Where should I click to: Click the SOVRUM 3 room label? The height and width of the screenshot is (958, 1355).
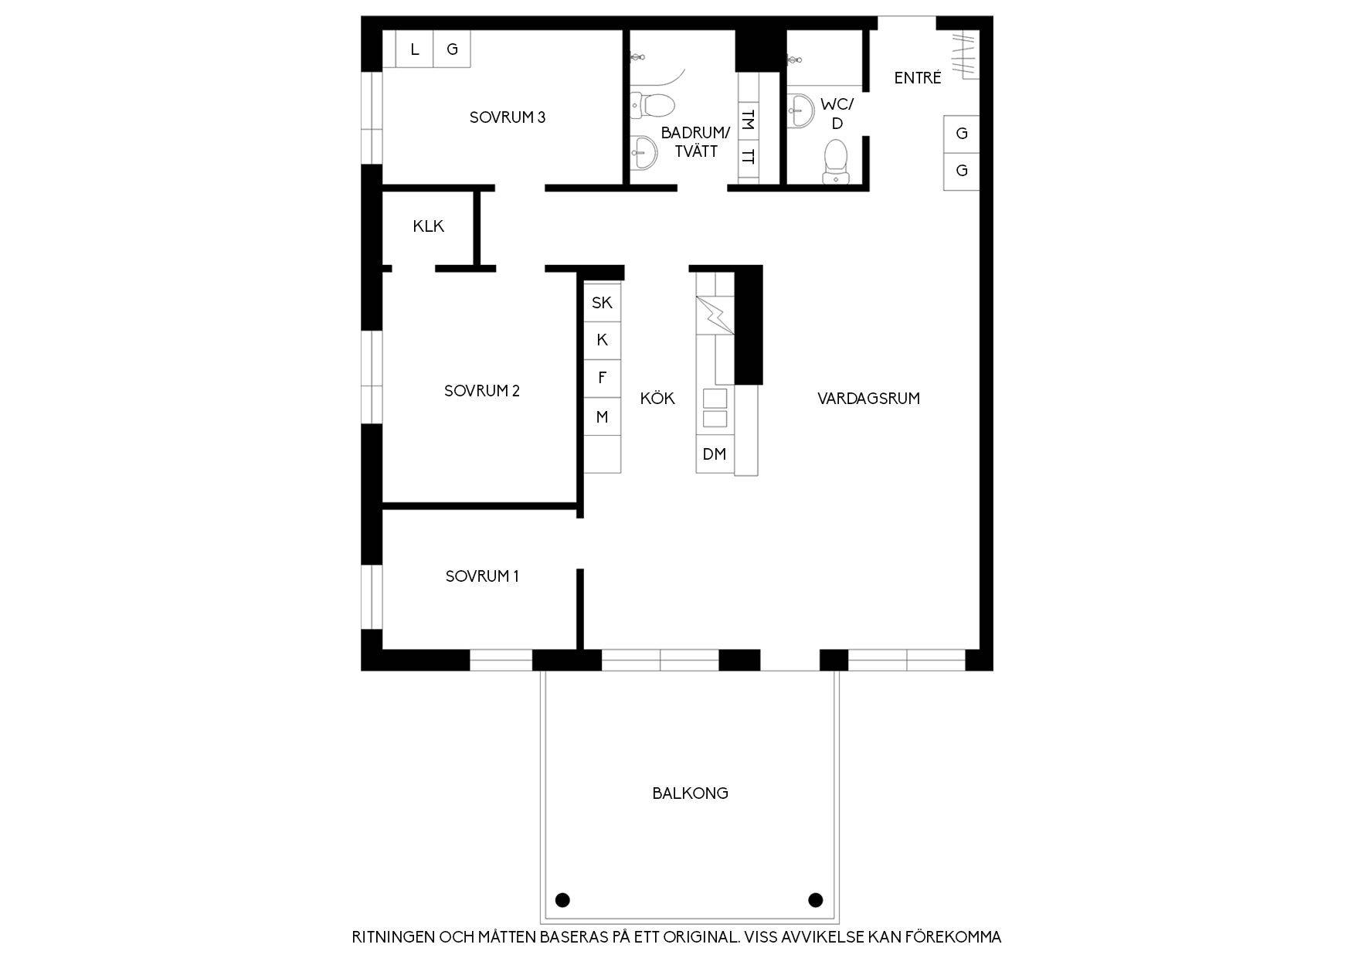click(508, 117)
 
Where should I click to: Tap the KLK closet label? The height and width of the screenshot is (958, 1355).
click(429, 226)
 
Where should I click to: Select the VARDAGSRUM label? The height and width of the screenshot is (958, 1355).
click(868, 399)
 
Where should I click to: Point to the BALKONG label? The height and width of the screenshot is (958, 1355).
click(690, 793)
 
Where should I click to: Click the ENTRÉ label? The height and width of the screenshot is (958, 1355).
click(918, 77)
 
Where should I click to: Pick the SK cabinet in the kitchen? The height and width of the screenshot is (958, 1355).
click(603, 303)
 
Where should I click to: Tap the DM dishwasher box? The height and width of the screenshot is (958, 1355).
click(715, 454)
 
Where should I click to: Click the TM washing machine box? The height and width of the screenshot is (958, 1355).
click(748, 121)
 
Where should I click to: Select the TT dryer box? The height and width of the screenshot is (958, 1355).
click(748, 158)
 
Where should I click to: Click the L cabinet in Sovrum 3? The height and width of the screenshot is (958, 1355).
click(415, 49)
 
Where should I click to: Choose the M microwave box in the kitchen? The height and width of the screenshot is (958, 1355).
click(603, 417)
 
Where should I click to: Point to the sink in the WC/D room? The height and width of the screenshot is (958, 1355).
click(800, 110)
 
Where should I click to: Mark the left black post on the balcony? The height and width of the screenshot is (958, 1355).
click(562, 899)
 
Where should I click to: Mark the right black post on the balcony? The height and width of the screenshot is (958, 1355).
click(815, 899)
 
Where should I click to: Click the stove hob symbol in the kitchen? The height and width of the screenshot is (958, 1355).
click(715, 315)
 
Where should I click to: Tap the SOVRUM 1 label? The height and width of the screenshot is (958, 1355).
click(482, 576)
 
